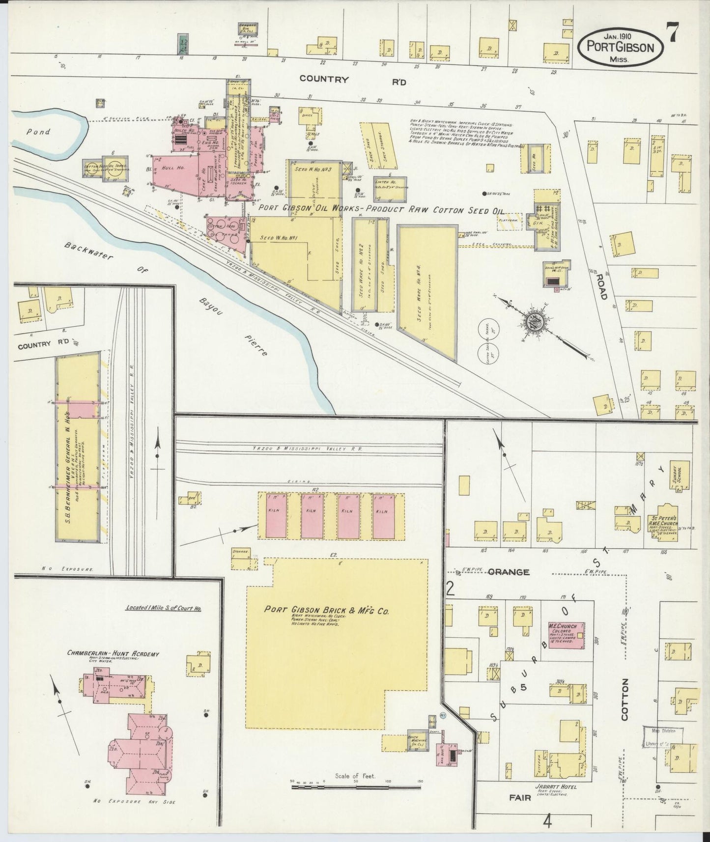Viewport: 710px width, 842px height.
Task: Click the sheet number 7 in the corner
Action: pyautogui.click(x=672, y=34)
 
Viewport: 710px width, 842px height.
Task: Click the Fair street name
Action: pyautogui.click(x=520, y=798)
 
